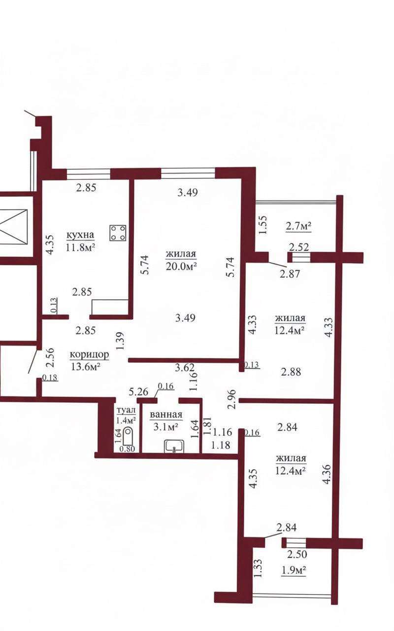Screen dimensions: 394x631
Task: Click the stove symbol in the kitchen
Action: tap(118, 233)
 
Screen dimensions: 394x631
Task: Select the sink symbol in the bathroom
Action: tap(174, 447)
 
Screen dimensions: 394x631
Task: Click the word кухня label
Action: tap(80, 234)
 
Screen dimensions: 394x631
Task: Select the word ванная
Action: tap(166, 415)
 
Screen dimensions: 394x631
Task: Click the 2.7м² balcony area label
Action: tap(298, 226)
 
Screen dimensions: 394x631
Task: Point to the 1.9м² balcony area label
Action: tap(294, 570)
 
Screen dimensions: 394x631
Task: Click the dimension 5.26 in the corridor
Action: tap(139, 392)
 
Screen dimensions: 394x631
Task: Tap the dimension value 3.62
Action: tap(185, 368)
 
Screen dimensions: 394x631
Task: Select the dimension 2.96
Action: tap(231, 399)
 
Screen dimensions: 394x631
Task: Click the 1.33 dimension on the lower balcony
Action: tap(259, 568)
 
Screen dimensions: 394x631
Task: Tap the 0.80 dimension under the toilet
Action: tap(128, 449)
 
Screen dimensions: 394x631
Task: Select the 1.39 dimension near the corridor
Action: tap(120, 341)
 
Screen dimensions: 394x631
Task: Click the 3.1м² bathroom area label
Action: tap(165, 427)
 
